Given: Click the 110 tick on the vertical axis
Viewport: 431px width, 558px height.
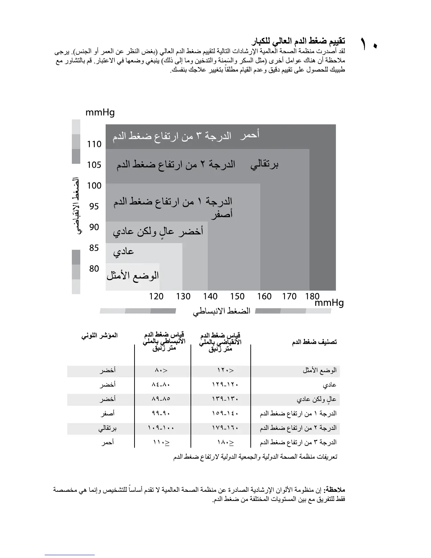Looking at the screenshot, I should tap(94, 144).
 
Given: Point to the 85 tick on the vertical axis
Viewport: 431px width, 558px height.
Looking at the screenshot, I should tap(94, 248).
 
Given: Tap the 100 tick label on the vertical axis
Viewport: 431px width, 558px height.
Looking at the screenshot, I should tap(94, 186).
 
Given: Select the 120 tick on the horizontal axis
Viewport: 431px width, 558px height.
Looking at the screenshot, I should tap(156, 297).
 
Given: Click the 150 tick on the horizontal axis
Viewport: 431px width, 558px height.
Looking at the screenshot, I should tap(237, 297).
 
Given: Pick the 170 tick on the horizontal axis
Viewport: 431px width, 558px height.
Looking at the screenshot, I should tap(289, 297).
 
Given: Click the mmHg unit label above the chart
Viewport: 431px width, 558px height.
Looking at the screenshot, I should tap(100, 113).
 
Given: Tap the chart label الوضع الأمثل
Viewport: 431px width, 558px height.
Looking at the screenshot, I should tap(133, 275).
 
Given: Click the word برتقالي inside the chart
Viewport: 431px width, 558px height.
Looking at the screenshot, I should tap(264, 165).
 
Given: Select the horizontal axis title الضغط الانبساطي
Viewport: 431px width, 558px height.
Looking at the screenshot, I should tap(221, 311).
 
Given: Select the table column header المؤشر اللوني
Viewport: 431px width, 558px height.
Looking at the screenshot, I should tap(100, 336).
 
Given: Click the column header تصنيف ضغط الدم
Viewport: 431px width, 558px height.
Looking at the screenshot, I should tap(314, 342).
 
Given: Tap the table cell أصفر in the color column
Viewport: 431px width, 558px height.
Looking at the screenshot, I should tap(107, 413).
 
